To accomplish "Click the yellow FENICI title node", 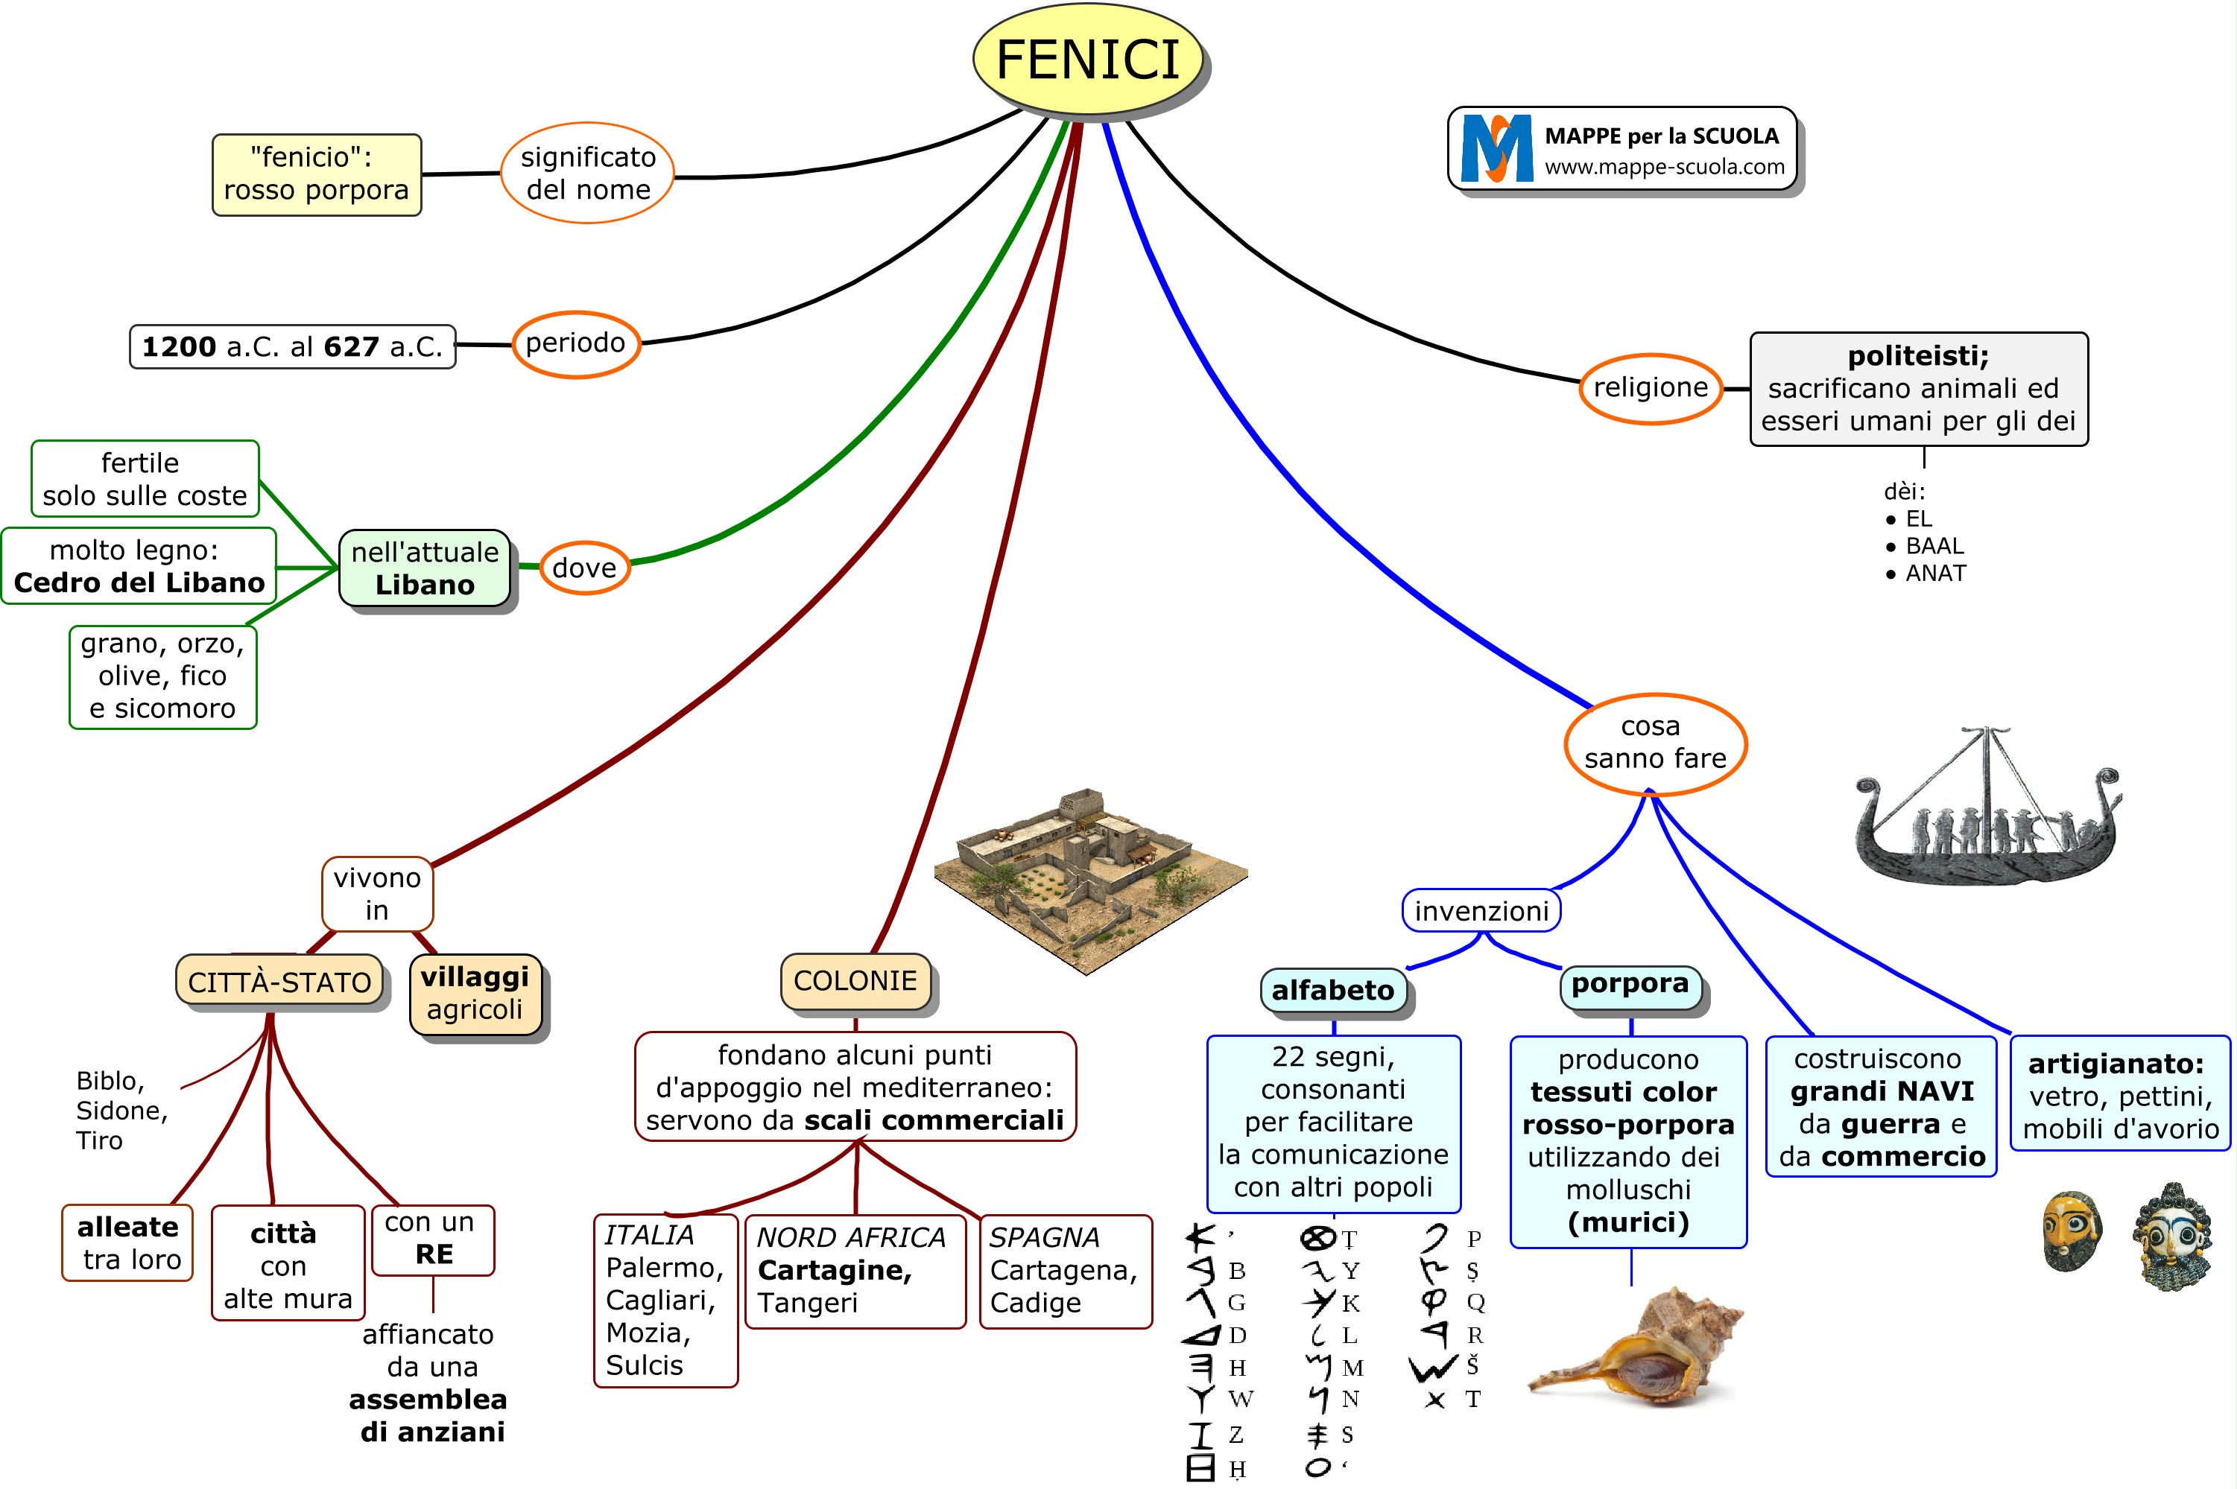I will [x=1088, y=60].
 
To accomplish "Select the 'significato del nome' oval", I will [x=587, y=173].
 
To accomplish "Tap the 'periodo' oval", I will [x=575, y=344].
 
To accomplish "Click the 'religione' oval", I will [x=1650, y=388].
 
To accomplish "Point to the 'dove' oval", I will [x=584, y=568].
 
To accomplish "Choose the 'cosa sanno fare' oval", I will [x=1654, y=743].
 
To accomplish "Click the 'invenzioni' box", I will [x=1481, y=912].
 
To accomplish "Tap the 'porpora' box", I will [x=1630, y=984].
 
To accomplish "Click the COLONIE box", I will [x=855, y=981].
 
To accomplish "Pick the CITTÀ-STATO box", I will [x=279, y=982].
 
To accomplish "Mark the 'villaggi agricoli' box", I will [x=475, y=994].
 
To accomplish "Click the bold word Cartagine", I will [x=834, y=1271].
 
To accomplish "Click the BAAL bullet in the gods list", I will [x=1934, y=547].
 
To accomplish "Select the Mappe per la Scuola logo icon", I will [x=1497, y=149].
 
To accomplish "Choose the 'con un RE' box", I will [x=433, y=1239].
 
